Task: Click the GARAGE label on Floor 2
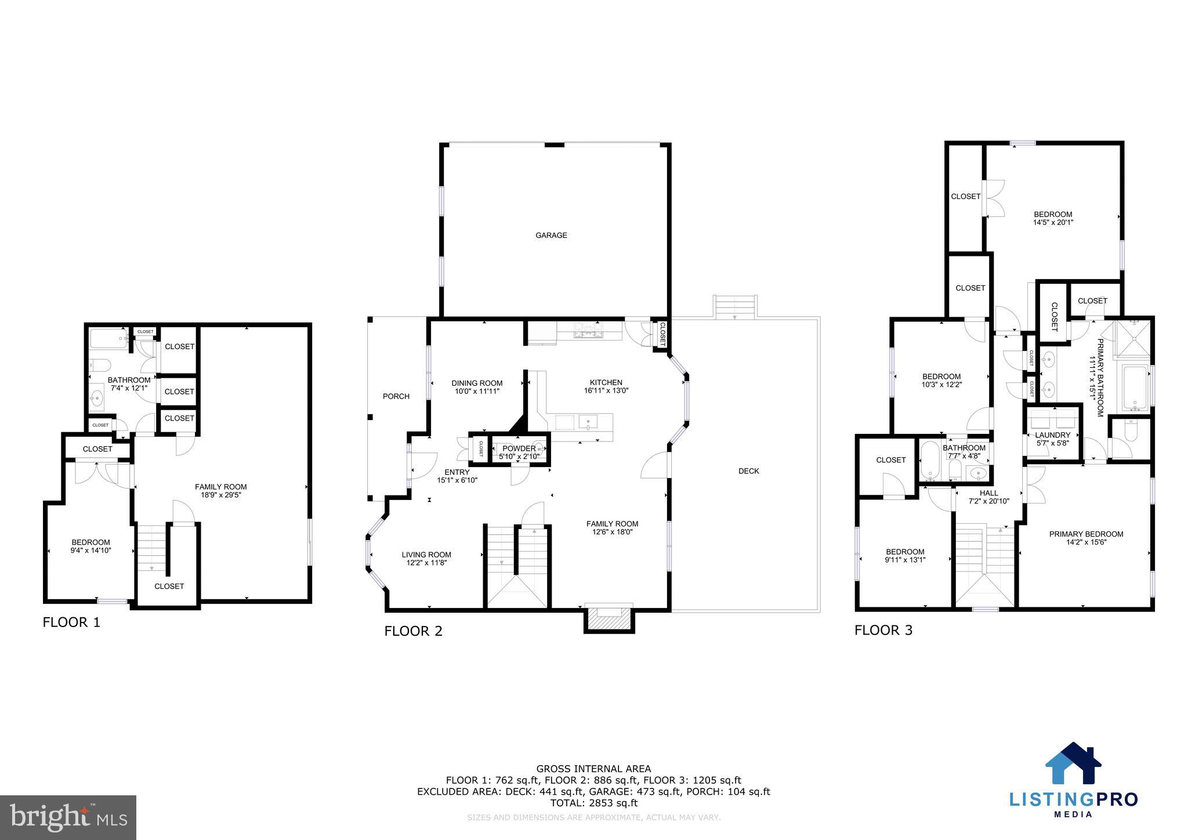click(551, 235)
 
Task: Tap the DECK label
click(748, 471)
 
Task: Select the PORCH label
click(396, 396)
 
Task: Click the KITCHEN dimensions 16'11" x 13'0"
click(606, 391)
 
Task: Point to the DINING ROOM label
click(477, 383)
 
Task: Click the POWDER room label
click(519, 448)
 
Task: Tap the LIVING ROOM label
click(426, 555)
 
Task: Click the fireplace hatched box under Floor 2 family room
click(609, 620)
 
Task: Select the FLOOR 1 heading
click(71, 622)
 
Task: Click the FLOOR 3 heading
click(883, 630)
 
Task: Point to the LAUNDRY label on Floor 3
click(1052, 435)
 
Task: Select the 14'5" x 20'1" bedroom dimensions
click(1053, 222)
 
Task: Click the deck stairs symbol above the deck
click(735, 306)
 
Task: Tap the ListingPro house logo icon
click(1073, 763)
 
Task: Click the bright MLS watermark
click(68, 817)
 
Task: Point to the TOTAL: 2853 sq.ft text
click(593, 803)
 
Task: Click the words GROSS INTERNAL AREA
click(593, 769)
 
